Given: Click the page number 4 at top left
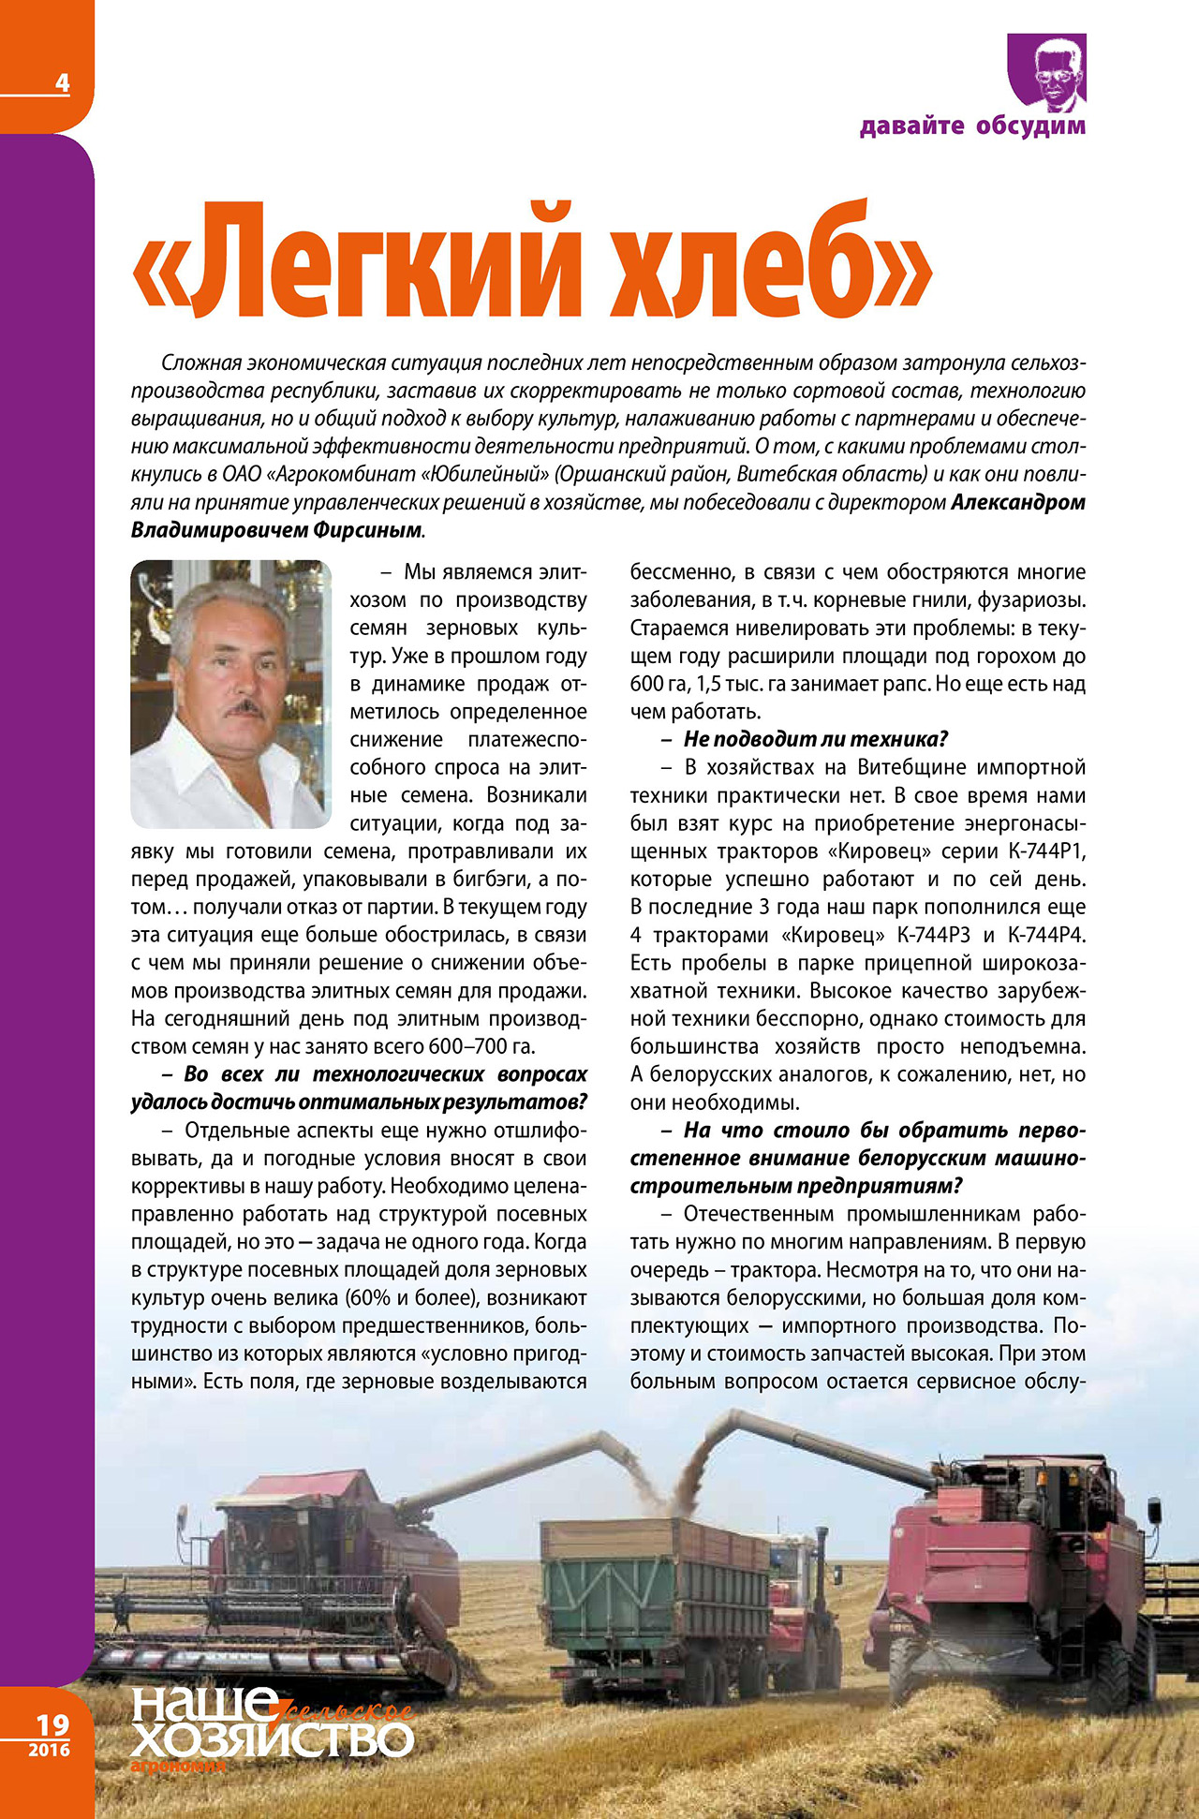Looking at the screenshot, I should (62, 82).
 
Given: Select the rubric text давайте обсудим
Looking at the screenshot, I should (972, 126).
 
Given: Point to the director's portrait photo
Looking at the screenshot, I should (230, 693).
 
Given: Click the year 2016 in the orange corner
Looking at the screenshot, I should (49, 1750).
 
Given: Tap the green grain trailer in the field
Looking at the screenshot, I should (656, 1583).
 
